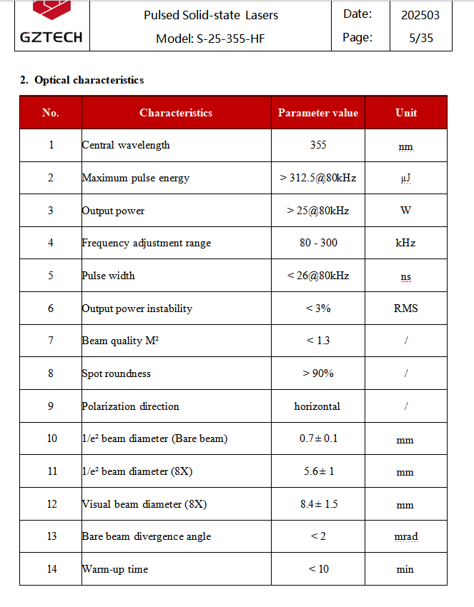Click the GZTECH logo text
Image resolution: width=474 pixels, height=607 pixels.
pyautogui.click(x=51, y=37)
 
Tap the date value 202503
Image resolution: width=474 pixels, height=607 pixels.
pyautogui.click(x=420, y=14)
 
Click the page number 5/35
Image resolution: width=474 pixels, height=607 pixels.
pyautogui.click(x=420, y=38)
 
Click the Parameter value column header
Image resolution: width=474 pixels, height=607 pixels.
pyautogui.click(x=317, y=113)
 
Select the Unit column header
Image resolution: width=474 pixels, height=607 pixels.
pyautogui.click(x=405, y=113)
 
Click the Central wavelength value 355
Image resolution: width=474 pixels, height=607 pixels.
pyautogui.click(x=318, y=145)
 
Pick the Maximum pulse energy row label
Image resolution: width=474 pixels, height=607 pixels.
pyautogui.click(x=136, y=178)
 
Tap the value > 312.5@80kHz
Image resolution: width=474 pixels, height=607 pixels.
pyautogui.click(x=317, y=178)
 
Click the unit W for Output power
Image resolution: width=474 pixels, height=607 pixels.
pyautogui.click(x=405, y=211)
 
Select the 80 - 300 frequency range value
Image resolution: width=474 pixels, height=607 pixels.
pyautogui.click(x=318, y=243)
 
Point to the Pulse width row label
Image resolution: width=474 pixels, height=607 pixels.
pyautogui.click(x=109, y=276)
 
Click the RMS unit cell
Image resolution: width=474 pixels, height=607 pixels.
pyautogui.click(x=405, y=308)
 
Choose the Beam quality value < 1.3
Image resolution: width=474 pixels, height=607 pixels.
pyautogui.click(x=318, y=341)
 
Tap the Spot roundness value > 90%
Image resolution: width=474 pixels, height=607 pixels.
pyautogui.click(x=318, y=373)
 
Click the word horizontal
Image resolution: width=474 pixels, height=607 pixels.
pyautogui.click(x=317, y=406)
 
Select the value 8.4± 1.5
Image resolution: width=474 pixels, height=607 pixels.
pyautogui.click(x=318, y=504)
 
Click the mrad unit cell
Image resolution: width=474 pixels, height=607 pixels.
pyautogui.click(x=405, y=537)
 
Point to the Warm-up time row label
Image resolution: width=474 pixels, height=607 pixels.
pyautogui.click(x=115, y=569)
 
